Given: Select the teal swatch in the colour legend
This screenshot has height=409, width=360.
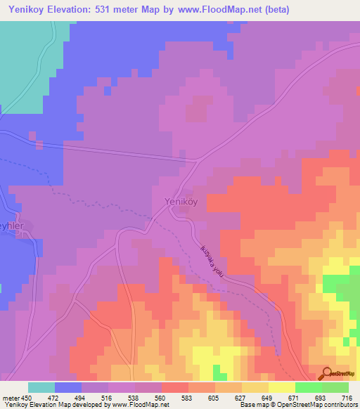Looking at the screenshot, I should point(41,387).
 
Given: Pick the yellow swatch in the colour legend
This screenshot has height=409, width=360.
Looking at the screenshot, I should point(281,387).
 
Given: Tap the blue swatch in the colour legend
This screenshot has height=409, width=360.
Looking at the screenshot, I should point(68,387).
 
